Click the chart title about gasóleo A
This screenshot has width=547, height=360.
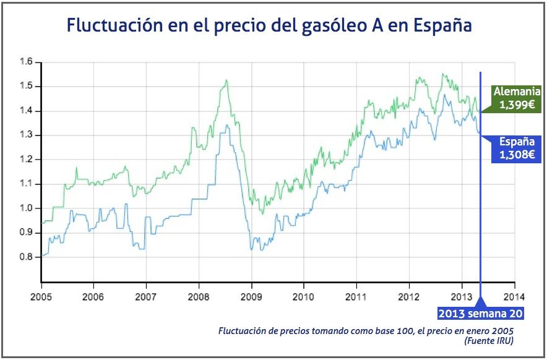click(x=270, y=26)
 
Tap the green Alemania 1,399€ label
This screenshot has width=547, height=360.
click(x=512, y=98)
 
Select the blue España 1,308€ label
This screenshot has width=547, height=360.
click(x=514, y=149)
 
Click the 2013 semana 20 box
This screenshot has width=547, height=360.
click(x=481, y=313)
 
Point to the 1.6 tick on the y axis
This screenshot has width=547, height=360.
click(x=25, y=62)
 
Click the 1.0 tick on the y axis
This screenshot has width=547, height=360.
click(x=25, y=208)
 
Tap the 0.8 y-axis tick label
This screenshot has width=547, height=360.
click(x=25, y=257)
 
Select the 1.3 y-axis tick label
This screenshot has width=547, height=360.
click(x=25, y=135)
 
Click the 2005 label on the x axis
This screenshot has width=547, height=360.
click(x=41, y=296)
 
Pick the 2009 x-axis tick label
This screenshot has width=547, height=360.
click(x=251, y=296)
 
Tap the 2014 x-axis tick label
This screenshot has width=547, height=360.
click(x=514, y=296)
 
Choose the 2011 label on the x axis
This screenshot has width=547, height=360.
click(x=356, y=296)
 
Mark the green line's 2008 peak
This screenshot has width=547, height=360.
click(x=226, y=80)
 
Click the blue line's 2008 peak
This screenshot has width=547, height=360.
click(x=226, y=126)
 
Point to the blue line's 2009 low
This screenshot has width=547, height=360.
click(x=252, y=249)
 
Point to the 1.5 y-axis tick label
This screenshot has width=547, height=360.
click(x=25, y=86)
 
